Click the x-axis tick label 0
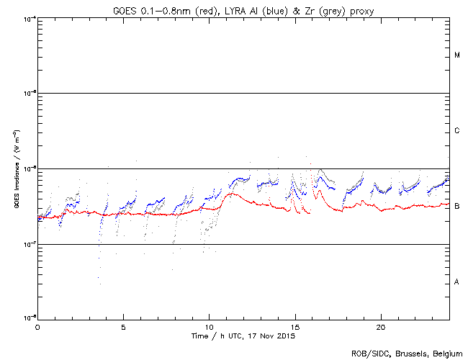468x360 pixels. [37, 326]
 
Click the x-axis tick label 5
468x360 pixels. [123, 326]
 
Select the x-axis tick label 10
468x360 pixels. [209, 326]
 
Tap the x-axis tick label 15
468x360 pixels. [295, 326]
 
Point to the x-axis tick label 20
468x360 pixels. [381, 326]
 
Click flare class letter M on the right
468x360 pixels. [457, 55]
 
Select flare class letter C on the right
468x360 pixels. [457, 131]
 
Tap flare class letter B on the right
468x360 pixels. [457, 207]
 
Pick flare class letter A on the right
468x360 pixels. [457, 282]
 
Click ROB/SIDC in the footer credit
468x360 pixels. [368, 354]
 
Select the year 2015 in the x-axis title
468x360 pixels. [286, 336]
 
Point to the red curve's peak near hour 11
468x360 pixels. [230, 193]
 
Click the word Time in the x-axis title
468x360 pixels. [199, 336]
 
